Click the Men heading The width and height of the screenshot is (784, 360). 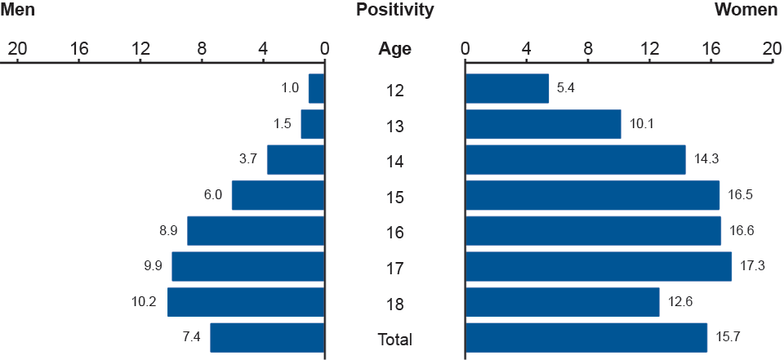click(18, 11)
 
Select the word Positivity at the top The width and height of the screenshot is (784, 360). click(394, 11)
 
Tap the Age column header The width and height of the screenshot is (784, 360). click(394, 49)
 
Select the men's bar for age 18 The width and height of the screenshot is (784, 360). click(246, 302)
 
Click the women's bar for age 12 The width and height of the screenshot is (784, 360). click(506, 88)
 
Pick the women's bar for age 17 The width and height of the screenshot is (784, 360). click(598, 266)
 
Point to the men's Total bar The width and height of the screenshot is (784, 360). click(267, 337)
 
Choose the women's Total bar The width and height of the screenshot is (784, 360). click(586, 337)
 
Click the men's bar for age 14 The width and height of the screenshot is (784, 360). click(296, 159)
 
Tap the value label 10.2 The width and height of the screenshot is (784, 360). click(144, 302)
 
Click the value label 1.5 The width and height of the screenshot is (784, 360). click(283, 124)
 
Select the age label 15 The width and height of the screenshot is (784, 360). click(394, 197)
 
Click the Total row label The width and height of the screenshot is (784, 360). click(394, 340)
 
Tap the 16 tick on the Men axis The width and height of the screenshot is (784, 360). click(79, 49)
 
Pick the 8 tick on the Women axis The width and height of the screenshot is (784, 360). click(588, 49)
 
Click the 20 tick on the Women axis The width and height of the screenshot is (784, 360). click(771, 49)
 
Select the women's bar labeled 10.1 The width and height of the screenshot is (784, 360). click(542, 124)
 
